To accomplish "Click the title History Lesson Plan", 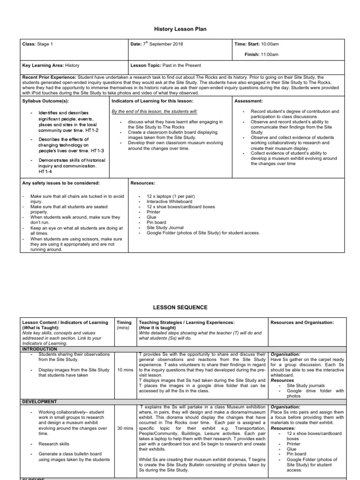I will point(180,29).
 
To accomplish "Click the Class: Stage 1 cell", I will point(38,45).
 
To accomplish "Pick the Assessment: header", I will point(249,101).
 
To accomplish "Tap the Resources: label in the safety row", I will point(142,183).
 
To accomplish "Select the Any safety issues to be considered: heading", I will point(61,183).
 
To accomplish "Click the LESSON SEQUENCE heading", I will point(180,307).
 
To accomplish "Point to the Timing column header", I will point(124,322).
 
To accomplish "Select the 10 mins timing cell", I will point(125,370).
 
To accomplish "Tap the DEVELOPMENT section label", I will point(40,402).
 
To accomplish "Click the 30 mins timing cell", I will point(125,428).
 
